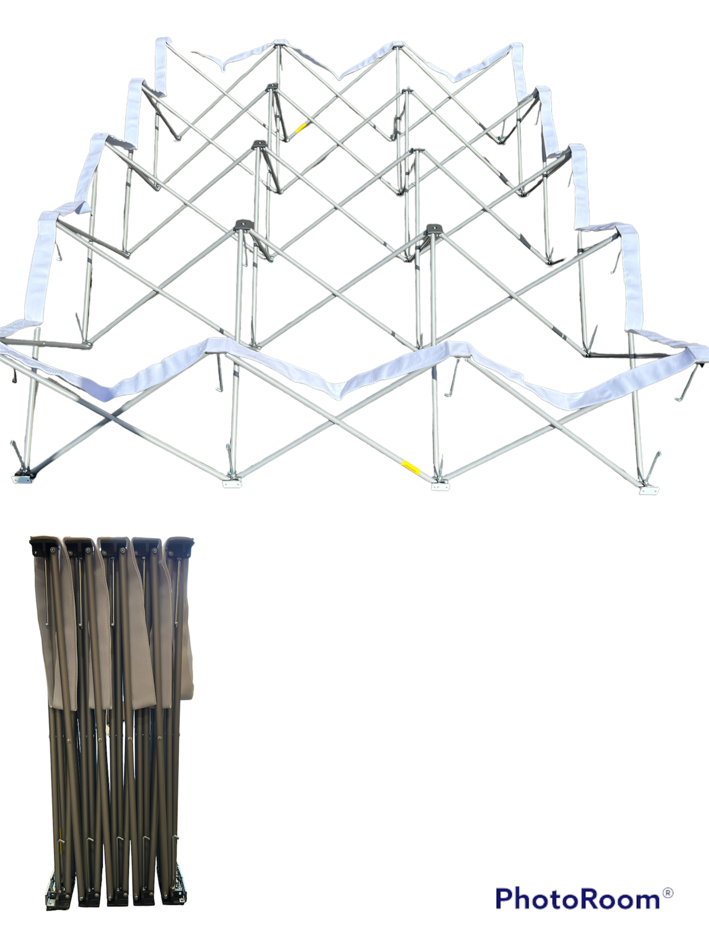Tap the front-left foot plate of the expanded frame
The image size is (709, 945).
coord(22,478)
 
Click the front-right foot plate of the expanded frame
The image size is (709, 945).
coord(649,491)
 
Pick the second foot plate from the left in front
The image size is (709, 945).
coord(232,484)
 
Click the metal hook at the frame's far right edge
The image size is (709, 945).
coord(689,382)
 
